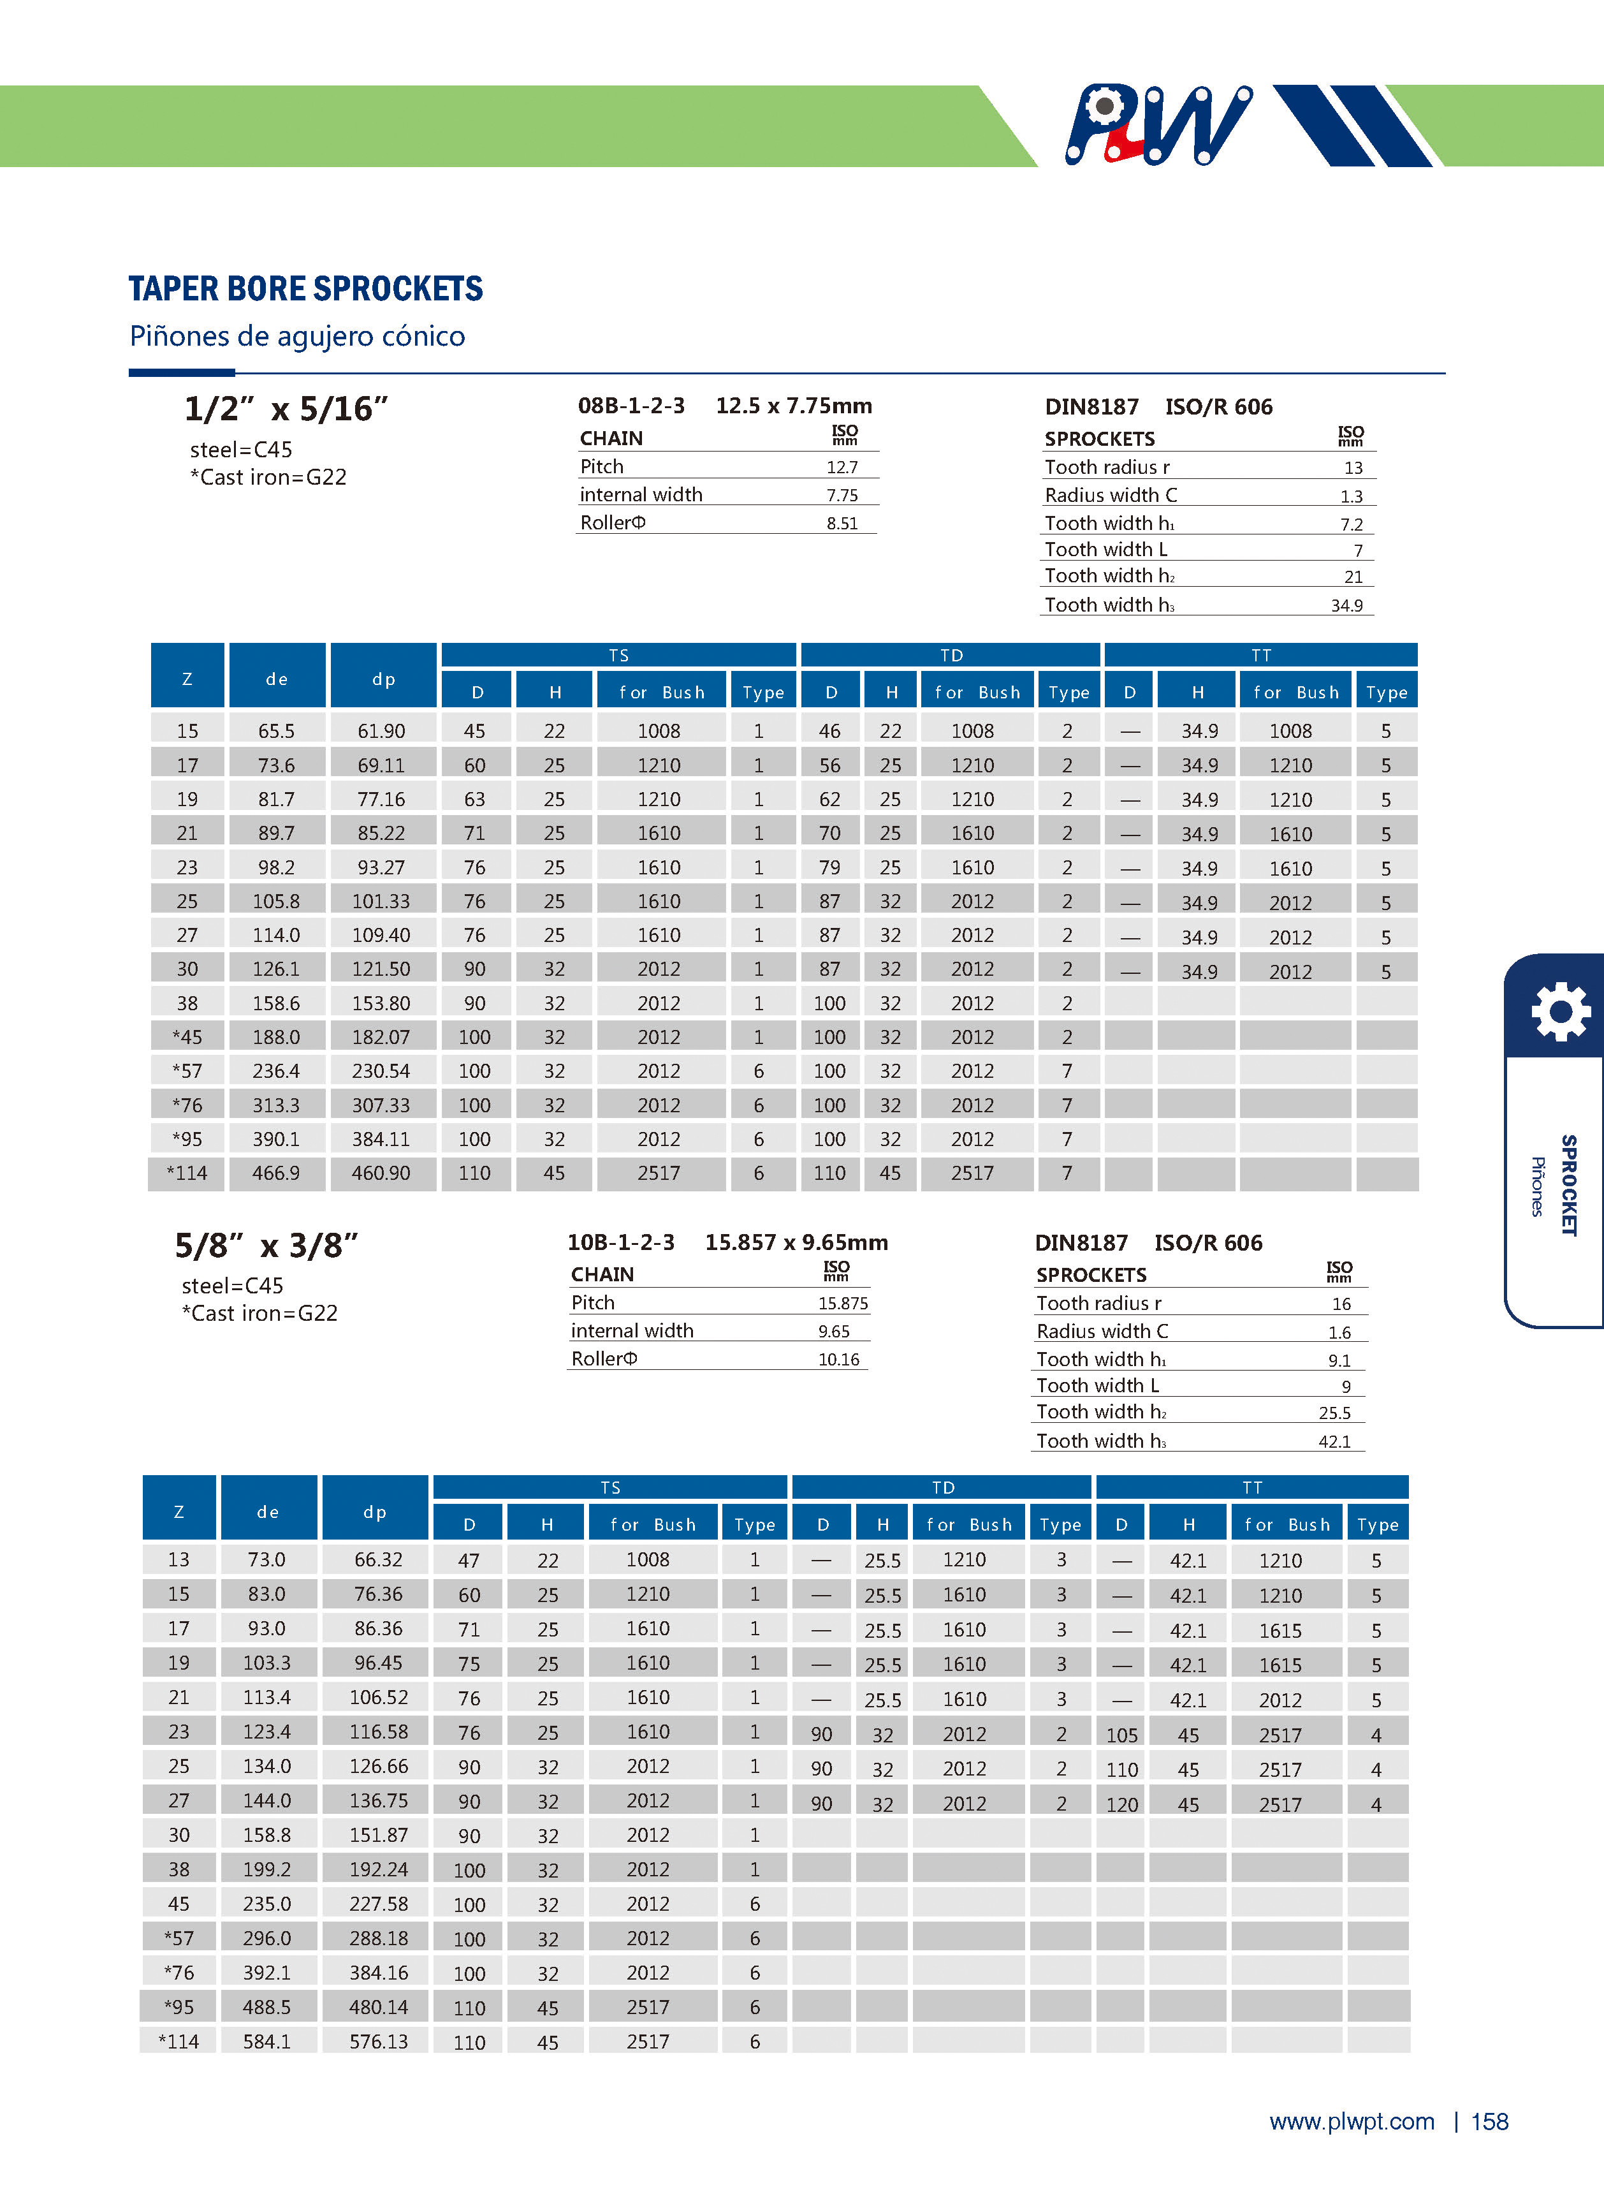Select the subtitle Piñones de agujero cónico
(x=297, y=336)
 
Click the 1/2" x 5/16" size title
(x=286, y=409)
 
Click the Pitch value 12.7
(x=842, y=467)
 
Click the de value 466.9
(x=276, y=1173)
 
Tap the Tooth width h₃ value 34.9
(x=1346, y=606)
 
